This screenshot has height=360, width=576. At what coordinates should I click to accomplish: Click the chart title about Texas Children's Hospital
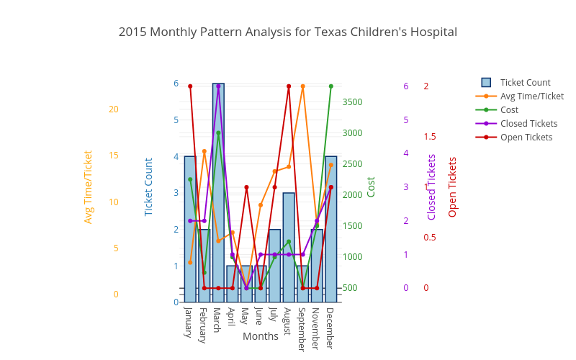[x=288, y=32]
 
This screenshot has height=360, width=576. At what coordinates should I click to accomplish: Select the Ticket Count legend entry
[x=525, y=83]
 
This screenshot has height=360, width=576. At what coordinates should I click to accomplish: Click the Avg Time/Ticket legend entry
[x=531, y=96]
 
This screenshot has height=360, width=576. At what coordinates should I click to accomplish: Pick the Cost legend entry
[x=509, y=110]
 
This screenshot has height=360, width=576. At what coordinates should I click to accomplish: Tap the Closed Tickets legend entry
[x=528, y=124]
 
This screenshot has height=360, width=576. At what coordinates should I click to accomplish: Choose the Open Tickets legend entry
[x=526, y=138]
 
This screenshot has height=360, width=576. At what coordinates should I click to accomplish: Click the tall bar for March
[x=218, y=194]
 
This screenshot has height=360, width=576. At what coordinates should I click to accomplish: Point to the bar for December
[x=331, y=230]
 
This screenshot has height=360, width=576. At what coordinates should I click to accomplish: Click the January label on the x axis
[x=189, y=322]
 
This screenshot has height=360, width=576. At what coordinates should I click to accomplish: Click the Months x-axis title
[x=261, y=336]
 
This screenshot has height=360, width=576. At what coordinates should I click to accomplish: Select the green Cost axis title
[x=372, y=187]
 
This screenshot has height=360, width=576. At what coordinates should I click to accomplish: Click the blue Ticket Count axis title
[x=149, y=187]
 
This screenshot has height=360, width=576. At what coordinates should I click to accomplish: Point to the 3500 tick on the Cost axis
[x=353, y=102]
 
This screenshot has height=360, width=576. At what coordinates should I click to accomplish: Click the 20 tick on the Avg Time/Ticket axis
[x=113, y=109]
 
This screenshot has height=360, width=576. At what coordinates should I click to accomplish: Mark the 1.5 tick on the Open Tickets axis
[x=430, y=137]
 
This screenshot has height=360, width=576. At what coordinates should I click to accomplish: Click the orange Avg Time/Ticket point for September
[x=303, y=86]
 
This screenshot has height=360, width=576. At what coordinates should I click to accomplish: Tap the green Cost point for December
[x=331, y=86]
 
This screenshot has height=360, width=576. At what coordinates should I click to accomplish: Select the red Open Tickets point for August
[x=289, y=86]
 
